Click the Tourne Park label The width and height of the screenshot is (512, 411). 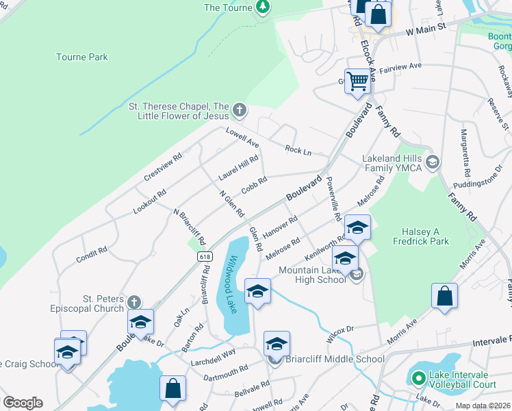coord(82,58)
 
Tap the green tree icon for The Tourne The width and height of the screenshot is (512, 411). coord(262,7)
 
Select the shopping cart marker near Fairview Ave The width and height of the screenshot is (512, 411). coord(357,82)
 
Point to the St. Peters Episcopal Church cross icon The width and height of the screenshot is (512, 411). coord(134,302)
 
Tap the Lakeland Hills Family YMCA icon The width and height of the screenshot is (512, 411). coord(432,162)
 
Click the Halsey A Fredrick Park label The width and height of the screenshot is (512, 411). coord(421,236)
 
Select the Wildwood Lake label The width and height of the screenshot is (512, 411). coord(232,284)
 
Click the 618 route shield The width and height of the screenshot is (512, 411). coord(205,256)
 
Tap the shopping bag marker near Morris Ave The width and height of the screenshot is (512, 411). coord(444,297)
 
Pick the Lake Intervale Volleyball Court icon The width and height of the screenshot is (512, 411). coord(418,377)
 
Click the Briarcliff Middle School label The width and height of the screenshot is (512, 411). coord(335,359)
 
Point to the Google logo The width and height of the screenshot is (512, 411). coord(23,403)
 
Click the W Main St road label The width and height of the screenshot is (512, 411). coord(425,30)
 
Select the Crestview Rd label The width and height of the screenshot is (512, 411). coord(162,166)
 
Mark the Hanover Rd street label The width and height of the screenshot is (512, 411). coord(280,227)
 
